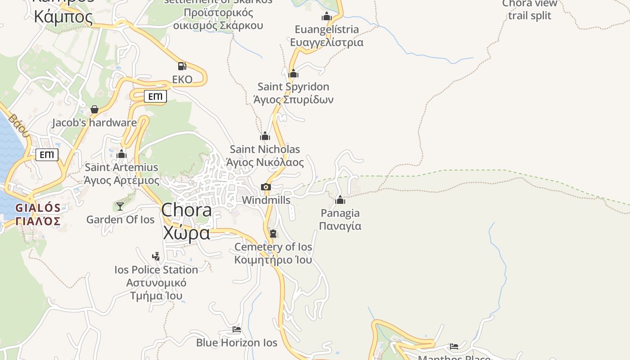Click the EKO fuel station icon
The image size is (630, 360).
point(182,67)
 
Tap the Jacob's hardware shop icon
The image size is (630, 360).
point(94,109)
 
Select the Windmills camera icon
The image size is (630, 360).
point(266,187)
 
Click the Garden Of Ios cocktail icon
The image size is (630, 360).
point(120,206)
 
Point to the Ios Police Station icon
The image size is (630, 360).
point(156,256)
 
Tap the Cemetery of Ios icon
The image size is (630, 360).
point(273,234)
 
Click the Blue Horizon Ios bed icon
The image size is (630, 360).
point(237,329)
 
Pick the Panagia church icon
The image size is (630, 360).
point(340,200)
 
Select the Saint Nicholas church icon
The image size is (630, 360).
point(265,136)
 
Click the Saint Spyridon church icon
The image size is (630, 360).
point(293,73)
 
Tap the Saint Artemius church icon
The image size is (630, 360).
point(121,154)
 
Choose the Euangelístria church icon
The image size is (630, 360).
point(327,17)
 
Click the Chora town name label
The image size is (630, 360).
point(186,221)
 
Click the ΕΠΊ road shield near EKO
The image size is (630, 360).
point(155,96)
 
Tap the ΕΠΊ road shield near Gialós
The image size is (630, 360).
point(47,155)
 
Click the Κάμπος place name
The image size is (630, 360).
point(63,17)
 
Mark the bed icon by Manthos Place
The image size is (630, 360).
point(454,346)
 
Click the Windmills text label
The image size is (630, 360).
point(266,200)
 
